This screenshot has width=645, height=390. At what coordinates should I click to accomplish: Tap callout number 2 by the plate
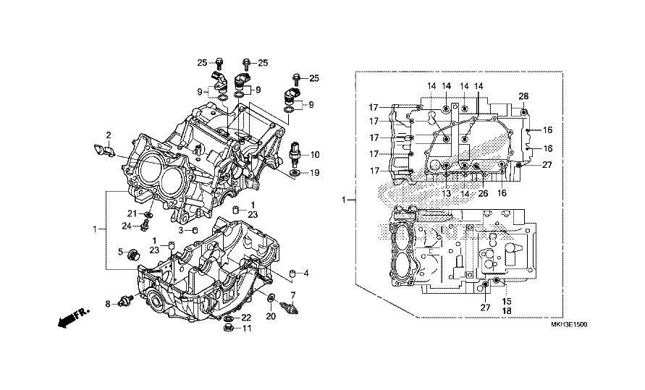pos(109,135)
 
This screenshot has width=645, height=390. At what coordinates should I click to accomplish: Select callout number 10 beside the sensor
pos(316,155)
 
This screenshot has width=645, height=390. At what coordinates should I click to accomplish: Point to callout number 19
pos(315,173)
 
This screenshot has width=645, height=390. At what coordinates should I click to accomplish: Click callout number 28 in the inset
pos(523,97)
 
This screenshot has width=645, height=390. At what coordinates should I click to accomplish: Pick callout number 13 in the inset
pos(447,193)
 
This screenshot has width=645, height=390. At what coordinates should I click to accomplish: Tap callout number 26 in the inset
pos(482,193)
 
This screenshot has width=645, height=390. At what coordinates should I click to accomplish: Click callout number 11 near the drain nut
pos(246,329)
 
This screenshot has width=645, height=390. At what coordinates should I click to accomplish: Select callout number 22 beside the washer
pos(246,318)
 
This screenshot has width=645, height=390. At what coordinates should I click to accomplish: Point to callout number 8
pos(108,304)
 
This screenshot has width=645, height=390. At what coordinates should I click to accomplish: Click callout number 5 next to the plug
pos(121,251)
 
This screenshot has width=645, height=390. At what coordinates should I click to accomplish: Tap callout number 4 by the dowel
pos(306,274)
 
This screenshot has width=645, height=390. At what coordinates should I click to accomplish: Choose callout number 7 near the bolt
pos(294,295)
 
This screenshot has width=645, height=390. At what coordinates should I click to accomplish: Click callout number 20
pos(271,315)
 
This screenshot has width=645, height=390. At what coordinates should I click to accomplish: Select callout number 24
pos(125,226)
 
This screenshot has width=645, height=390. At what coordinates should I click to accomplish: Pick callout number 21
pos(132,213)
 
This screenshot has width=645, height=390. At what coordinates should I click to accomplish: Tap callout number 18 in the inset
pos(507,309)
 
